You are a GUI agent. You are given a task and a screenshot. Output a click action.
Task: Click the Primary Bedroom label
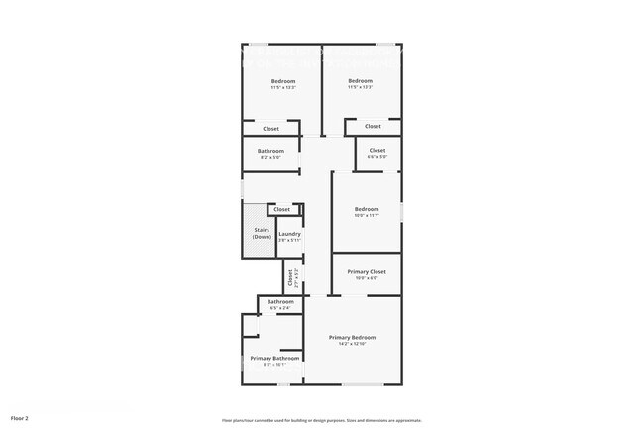(353, 337)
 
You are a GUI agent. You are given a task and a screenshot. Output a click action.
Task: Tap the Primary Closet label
(366, 271)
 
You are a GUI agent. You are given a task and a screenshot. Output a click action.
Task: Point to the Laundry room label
(289, 234)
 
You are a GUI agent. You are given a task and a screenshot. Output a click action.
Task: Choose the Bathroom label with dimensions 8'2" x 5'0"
(270, 151)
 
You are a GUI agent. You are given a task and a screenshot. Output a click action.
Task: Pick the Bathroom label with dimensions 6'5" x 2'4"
(279, 301)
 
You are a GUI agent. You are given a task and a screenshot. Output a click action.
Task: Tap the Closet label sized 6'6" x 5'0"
(377, 150)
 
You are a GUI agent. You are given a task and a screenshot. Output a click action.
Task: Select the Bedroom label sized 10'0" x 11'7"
(367, 209)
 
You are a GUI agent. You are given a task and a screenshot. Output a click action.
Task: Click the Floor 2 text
(20, 419)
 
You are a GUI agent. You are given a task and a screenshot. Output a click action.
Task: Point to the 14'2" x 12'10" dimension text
(353, 344)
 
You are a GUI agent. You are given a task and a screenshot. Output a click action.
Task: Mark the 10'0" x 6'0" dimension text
(367, 278)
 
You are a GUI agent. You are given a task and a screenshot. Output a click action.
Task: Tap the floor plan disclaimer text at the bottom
(322, 420)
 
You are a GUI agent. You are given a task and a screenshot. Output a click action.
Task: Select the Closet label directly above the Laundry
(282, 209)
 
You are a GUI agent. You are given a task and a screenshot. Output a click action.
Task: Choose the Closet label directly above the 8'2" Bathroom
(270, 129)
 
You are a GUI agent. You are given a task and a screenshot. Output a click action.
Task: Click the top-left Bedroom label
(283, 80)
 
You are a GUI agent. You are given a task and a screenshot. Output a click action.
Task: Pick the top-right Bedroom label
(360, 80)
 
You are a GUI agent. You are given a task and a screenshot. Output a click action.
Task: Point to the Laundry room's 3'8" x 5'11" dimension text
(289, 241)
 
